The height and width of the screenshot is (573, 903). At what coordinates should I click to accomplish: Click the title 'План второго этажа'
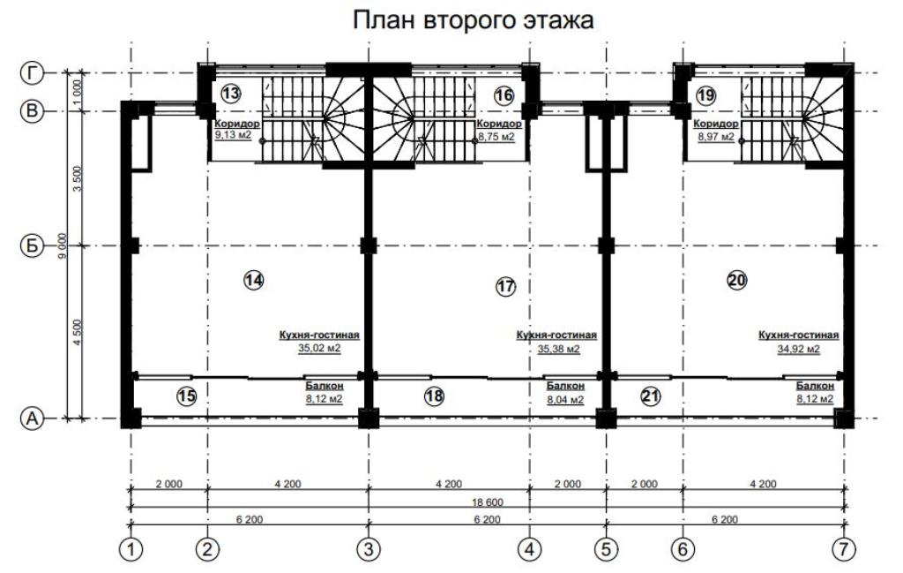[473, 20]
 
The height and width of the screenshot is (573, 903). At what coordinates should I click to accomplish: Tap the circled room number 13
[230, 94]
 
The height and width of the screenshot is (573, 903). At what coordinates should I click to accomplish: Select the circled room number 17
[505, 286]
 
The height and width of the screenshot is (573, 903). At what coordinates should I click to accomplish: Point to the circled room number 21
[650, 396]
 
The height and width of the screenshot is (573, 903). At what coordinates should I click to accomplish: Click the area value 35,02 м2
[319, 349]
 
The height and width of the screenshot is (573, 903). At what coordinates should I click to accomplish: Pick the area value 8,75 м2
[496, 137]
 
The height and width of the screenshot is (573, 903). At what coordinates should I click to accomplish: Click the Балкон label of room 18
[565, 386]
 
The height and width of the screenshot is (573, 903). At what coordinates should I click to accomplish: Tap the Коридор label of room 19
[716, 124]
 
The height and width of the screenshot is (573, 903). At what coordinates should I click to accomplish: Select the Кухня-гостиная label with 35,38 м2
[556, 335]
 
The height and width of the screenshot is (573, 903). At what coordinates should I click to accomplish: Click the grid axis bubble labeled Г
[32, 73]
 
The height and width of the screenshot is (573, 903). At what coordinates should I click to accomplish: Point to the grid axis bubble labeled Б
[32, 246]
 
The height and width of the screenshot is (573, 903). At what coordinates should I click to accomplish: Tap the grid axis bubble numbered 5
[606, 549]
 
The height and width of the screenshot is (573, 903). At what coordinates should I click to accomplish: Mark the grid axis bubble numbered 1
[131, 549]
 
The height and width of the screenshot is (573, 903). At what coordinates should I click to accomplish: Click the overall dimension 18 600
[487, 502]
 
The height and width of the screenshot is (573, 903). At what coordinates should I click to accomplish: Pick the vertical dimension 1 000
[78, 91]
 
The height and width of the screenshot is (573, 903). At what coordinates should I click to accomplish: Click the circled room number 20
[737, 281]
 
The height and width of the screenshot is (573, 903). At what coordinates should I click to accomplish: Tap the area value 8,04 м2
[565, 399]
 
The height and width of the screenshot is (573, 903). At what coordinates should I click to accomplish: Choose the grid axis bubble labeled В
[32, 111]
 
